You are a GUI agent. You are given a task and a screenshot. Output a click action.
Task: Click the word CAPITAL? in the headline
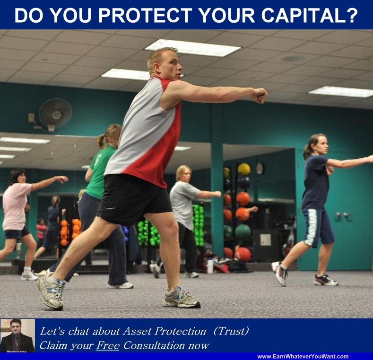(x=310, y=15)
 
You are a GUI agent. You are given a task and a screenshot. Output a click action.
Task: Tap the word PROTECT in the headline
(x=145, y=15)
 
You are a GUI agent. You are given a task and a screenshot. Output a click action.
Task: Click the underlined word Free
(x=108, y=345)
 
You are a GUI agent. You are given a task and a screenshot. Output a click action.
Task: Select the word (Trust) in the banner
(x=231, y=331)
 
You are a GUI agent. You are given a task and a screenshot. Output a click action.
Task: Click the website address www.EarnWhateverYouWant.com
(x=303, y=356)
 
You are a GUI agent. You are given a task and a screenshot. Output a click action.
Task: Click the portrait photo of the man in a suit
(x=17, y=335)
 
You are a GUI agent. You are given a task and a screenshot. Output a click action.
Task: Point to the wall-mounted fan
(x=55, y=114)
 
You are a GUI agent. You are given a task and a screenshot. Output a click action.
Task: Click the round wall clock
(x=260, y=168)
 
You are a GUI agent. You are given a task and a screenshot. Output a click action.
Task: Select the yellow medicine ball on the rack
(x=244, y=169)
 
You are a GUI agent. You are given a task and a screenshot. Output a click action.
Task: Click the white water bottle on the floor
(x=210, y=266)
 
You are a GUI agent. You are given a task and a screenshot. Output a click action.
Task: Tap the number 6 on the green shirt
(x=97, y=160)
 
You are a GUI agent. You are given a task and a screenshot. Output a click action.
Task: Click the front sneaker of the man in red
(x=182, y=298)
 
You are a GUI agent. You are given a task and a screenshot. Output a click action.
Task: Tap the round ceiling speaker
(x=293, y=59)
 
